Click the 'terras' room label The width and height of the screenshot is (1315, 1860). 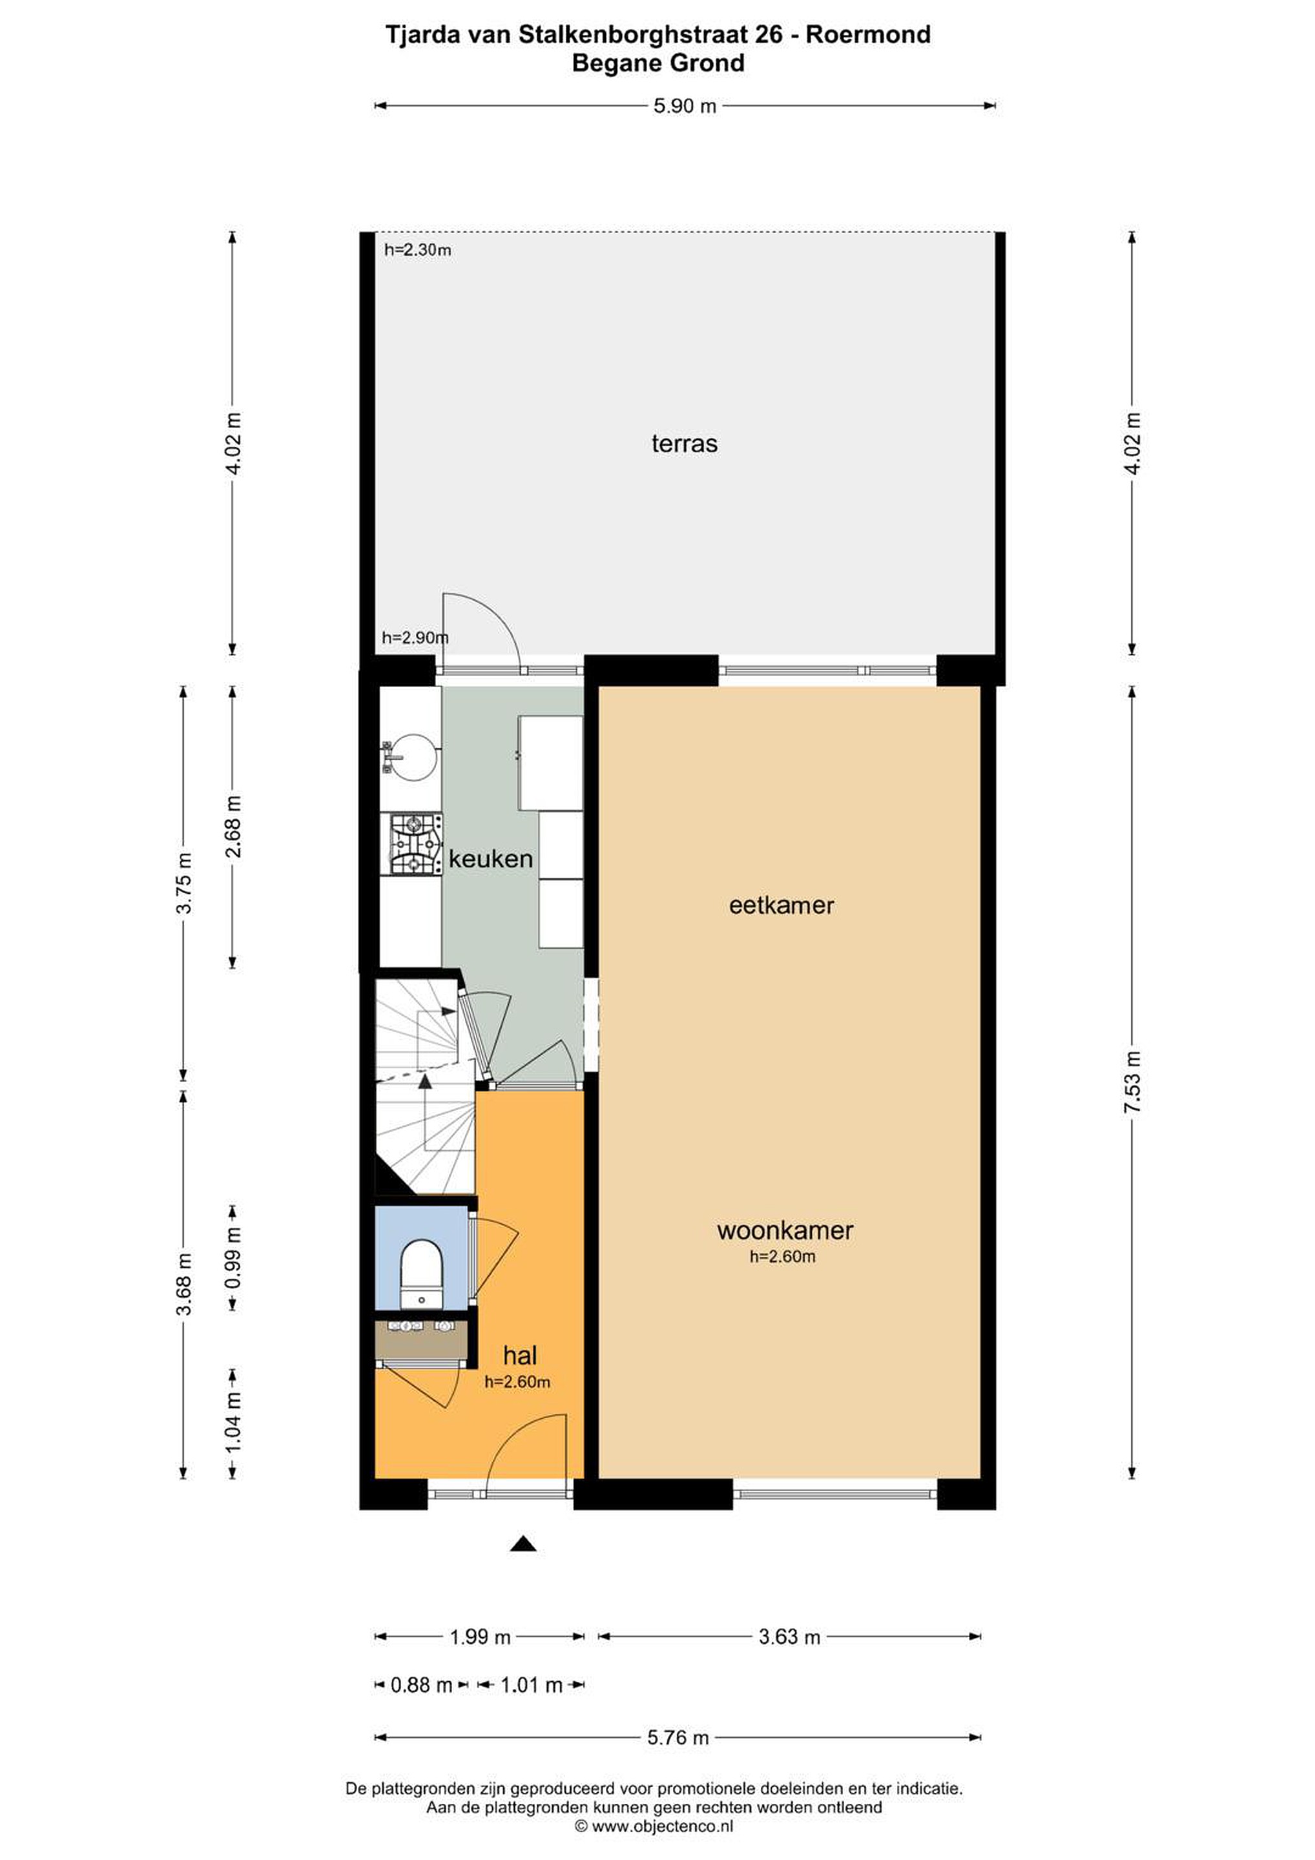coord(685,444)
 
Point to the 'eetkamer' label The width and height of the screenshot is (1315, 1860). coord(781,905)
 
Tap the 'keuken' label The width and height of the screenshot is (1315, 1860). coord(490,859)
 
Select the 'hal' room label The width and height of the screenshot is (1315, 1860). coord(519,1356)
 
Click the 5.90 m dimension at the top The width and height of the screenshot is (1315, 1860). coord(685,106)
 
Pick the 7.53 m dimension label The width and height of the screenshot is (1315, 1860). coord(1133,1082)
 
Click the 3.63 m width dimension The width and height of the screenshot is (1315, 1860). coord(789,1637)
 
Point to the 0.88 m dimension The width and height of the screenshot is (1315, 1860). coord(421,1686)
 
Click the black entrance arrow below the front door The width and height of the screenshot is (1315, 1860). coord(523,1544)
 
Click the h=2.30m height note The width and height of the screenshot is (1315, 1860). coord(417,251)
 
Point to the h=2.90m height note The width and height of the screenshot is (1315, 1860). coord(415,637)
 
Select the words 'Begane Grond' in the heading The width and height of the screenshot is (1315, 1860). coord(658,63)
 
